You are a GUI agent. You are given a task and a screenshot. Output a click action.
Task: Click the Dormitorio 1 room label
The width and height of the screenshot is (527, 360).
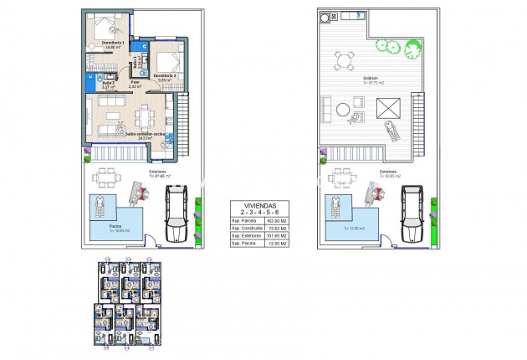pyautogui.click(x=112, y=43)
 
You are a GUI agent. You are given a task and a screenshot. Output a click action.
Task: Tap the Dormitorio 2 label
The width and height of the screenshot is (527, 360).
pyautogui.click(x=163, y=76)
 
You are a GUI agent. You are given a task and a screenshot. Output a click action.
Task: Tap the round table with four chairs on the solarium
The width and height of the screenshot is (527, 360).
pyautogui.click(x=343, y=59)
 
